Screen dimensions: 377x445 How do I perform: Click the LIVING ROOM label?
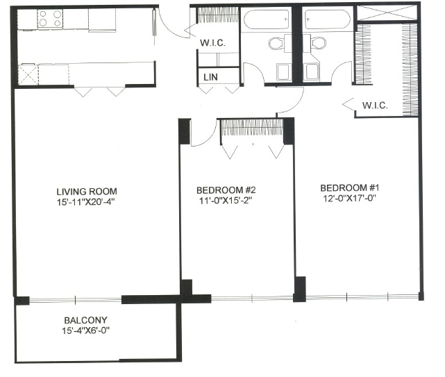coord(87,192)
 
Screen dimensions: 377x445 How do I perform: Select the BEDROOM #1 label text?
coord(349,187)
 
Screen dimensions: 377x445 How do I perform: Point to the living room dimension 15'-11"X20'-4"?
coord(87,203)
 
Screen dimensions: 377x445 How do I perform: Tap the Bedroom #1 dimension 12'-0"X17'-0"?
coord(349,199)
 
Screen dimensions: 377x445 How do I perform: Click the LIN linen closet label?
coord(209,77)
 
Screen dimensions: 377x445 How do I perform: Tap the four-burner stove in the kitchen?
coord(50,18)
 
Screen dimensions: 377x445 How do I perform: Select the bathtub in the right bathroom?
coord(328,19)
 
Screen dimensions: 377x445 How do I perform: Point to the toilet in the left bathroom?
coord(276,43)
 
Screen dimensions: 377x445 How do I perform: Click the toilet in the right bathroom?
coord(318,43)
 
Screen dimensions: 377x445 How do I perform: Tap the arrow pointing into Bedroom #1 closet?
coord(349,105)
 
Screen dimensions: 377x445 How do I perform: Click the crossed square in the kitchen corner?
coord(27,74)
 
